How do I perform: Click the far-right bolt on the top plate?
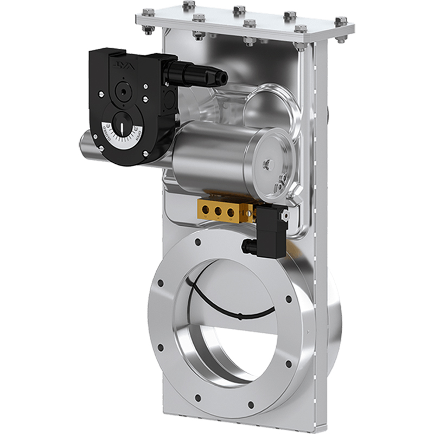[341, 21]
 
